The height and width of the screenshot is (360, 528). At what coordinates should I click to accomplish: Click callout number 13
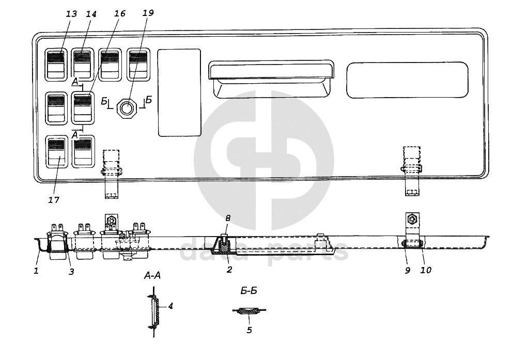[71, 14]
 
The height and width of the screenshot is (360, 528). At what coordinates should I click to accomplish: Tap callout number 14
[91, 14]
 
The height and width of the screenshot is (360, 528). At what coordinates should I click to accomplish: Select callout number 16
[119, 14]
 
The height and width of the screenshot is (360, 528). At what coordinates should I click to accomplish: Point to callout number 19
[148, 14]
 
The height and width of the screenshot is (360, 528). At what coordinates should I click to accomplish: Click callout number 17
[54, 200]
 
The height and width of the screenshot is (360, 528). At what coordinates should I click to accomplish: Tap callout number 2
[229, 269]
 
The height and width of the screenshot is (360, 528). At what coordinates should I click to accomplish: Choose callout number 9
[407, 270]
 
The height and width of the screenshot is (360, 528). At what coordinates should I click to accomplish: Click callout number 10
[426, 270]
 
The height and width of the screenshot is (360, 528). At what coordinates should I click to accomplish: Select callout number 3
[71, 271]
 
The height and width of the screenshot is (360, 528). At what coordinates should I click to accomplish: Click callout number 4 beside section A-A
[170, 306]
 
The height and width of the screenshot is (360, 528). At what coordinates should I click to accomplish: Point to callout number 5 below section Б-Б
[249, 330]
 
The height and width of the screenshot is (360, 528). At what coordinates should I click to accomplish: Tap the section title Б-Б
[249, 291]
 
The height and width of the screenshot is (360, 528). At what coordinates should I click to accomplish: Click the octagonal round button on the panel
[127, 108]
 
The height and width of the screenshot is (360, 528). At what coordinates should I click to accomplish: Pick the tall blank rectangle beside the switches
[179, 92]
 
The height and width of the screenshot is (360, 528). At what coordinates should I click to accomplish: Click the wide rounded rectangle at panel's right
[408, 80]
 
